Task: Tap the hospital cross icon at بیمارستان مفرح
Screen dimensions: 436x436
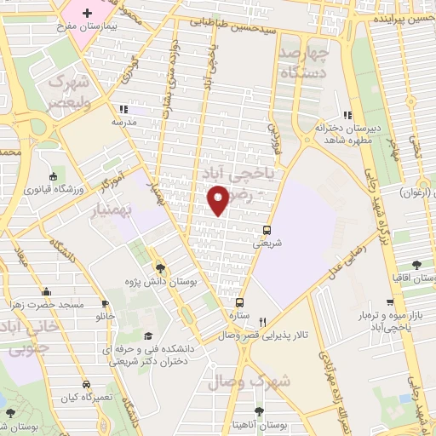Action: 87,14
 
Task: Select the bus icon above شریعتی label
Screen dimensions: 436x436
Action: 267,230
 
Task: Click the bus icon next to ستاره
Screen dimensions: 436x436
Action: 239,302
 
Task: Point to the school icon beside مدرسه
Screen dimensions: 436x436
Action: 123,109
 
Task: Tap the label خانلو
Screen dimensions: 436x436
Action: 105,316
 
